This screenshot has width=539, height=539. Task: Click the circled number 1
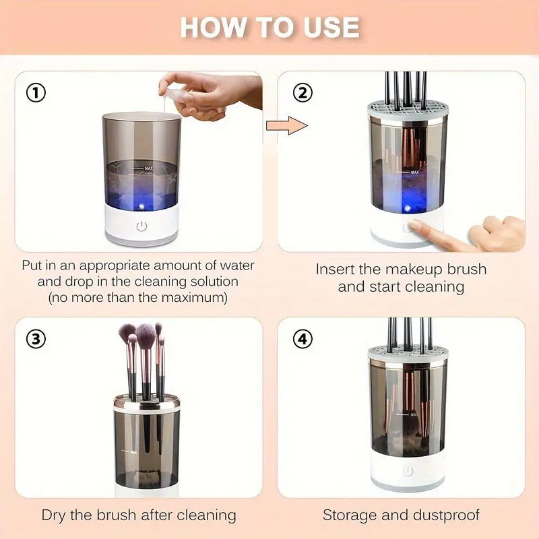pos(36,93)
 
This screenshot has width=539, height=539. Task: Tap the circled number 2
pos(303,92)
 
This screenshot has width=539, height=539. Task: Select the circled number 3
pos(36,339)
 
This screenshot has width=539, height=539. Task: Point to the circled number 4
pos(303,339)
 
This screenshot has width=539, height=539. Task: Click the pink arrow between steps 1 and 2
pos(287,125)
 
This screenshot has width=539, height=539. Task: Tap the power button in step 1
pos(141,226)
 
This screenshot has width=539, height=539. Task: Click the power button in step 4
pos(408,470)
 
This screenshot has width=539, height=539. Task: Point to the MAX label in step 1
pos(148,168)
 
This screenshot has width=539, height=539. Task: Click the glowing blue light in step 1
pos(141,206)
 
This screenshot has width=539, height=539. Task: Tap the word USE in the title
pos(331,28)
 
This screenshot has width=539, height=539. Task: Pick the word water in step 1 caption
pos(237,265)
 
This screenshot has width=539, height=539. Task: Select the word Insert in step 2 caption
pos(335,269)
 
